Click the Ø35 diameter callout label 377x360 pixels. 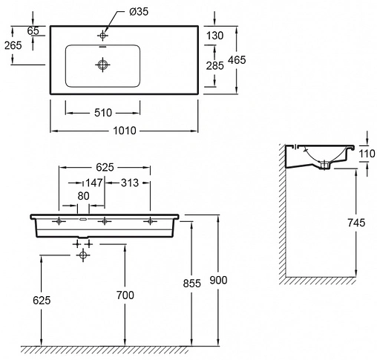pos(139,12)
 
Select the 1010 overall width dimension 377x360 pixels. pos(125,131)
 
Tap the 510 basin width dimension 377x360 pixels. pos(103,113)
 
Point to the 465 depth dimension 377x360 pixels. pos(237,60)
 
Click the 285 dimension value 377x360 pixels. pos(214,66)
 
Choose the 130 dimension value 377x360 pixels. pos(214,36)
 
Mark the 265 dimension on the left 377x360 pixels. pos(13,45)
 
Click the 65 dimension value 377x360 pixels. pos(33,31)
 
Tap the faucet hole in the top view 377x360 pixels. pos(102,36)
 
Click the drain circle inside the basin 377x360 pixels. pos(102,65)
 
